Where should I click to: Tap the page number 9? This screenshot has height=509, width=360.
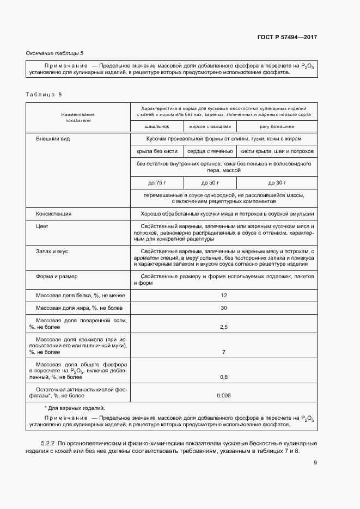click(315, 463)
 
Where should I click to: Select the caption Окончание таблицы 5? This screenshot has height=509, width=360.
click(55, 53)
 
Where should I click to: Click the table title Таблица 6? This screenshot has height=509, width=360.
click(44, 94)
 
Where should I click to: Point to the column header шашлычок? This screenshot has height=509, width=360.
click(157, 126)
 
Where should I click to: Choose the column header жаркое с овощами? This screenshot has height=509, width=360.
click(210, 126)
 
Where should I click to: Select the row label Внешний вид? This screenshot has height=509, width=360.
click(53, 139)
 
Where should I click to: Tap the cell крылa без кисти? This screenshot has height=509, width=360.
click(157, 151)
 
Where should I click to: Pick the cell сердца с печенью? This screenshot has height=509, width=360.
click(210, 151)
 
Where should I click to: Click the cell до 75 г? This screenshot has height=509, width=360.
click(157, 182)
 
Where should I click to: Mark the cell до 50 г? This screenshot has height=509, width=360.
click(210, 182)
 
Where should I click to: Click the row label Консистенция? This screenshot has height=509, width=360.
click(53, 213)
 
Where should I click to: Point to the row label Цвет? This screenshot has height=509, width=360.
click(42, 226)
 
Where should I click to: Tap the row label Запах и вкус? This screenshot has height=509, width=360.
click(52, 251)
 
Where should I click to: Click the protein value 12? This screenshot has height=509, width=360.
click(223, 295)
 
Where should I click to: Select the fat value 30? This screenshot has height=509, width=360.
click(223, 308)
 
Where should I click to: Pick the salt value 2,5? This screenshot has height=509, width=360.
click(223, 327)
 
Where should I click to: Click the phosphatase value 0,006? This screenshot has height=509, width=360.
click(223, 395)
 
